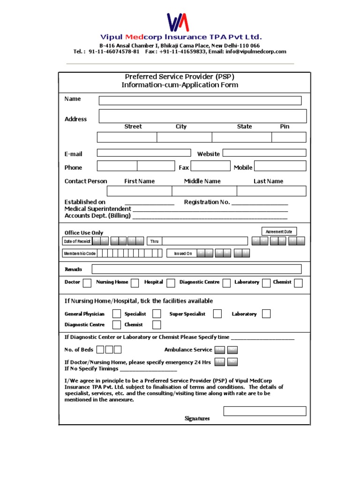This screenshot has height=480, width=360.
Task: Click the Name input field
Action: click(x=200, y=101)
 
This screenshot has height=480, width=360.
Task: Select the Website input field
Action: click(x=264, y=153)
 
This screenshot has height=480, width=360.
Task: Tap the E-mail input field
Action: click(x=144, y=153)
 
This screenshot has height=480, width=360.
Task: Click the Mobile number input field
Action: click(x=280, y=166)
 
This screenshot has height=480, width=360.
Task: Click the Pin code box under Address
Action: click(x=289, y=137)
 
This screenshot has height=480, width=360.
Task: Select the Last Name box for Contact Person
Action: click(x=271, y=191)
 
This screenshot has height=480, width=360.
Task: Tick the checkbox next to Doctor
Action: click(x=87, y=283)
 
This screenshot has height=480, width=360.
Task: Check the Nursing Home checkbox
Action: click(x=135, y=283)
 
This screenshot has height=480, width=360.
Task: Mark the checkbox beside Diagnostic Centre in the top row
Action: click(x=226, y=283)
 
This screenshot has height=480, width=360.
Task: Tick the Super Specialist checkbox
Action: click(x=217, y=314)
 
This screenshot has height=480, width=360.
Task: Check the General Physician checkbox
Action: click(x=117, y=314)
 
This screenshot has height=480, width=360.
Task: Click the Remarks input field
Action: click(x=196, y=269)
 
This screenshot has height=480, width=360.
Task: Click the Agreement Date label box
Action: click(x=279, y=232)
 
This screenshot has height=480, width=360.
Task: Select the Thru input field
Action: click(x=205, y=241)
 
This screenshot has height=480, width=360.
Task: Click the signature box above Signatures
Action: click(x=265, y=411)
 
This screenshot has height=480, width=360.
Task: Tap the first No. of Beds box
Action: click(x=100, y=349)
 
